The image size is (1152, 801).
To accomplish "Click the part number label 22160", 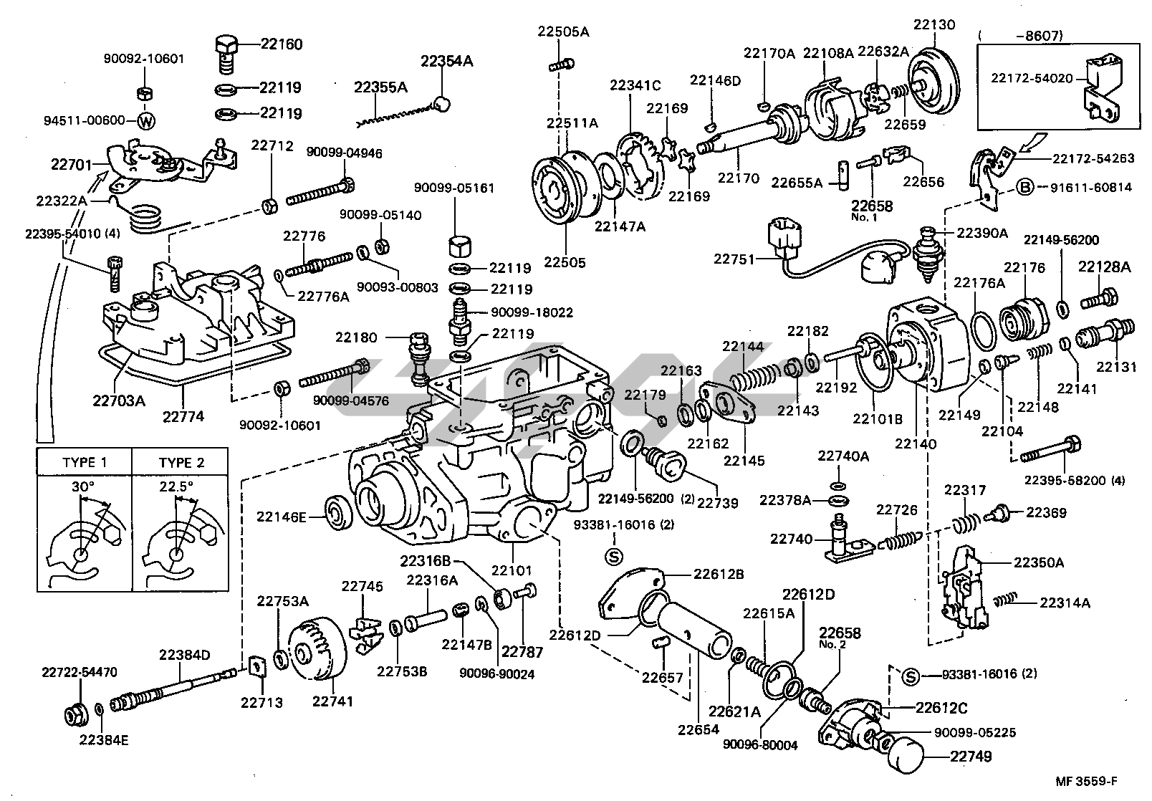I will coord(281,44).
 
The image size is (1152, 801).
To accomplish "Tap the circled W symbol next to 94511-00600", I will coord(145,121).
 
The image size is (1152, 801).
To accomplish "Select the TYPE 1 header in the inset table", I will coord(85,462).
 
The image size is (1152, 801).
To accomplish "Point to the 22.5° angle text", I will coord(176,486).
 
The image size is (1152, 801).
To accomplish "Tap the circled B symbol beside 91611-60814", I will coord(1025,188).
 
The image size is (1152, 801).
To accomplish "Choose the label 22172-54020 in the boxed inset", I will coord(1032,77).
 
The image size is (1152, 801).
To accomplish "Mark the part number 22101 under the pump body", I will coord(512,570).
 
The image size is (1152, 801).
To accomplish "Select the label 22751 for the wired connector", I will coord(734,259).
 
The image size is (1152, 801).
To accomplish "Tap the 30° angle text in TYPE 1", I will coord(82,486).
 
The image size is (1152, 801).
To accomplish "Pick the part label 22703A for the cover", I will coord(118,400).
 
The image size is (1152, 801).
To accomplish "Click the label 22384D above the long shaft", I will coord(184,654).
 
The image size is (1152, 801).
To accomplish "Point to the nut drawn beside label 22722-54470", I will coord(75,713).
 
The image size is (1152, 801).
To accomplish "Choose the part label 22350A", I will coord(1038,562).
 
